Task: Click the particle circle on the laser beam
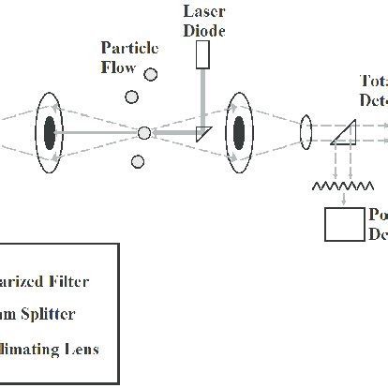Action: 144,133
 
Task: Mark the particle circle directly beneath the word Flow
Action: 127,93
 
